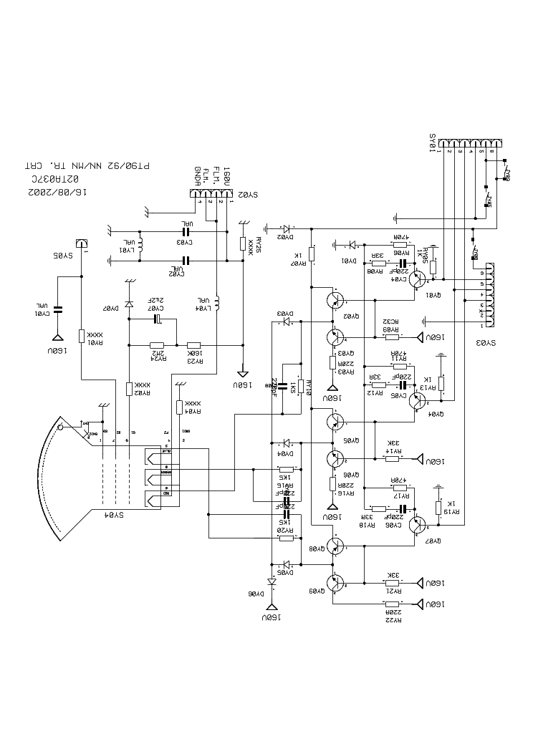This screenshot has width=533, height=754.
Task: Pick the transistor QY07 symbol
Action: pos(417,523)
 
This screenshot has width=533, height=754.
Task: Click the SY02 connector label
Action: pos(247,194)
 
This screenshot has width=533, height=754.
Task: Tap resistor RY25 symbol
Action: pos(244,243)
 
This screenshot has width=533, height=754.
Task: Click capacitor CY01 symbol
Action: pos(59,309)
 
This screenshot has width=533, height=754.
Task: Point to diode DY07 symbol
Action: pos(129,305)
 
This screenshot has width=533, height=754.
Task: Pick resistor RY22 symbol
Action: pos(391,605)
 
